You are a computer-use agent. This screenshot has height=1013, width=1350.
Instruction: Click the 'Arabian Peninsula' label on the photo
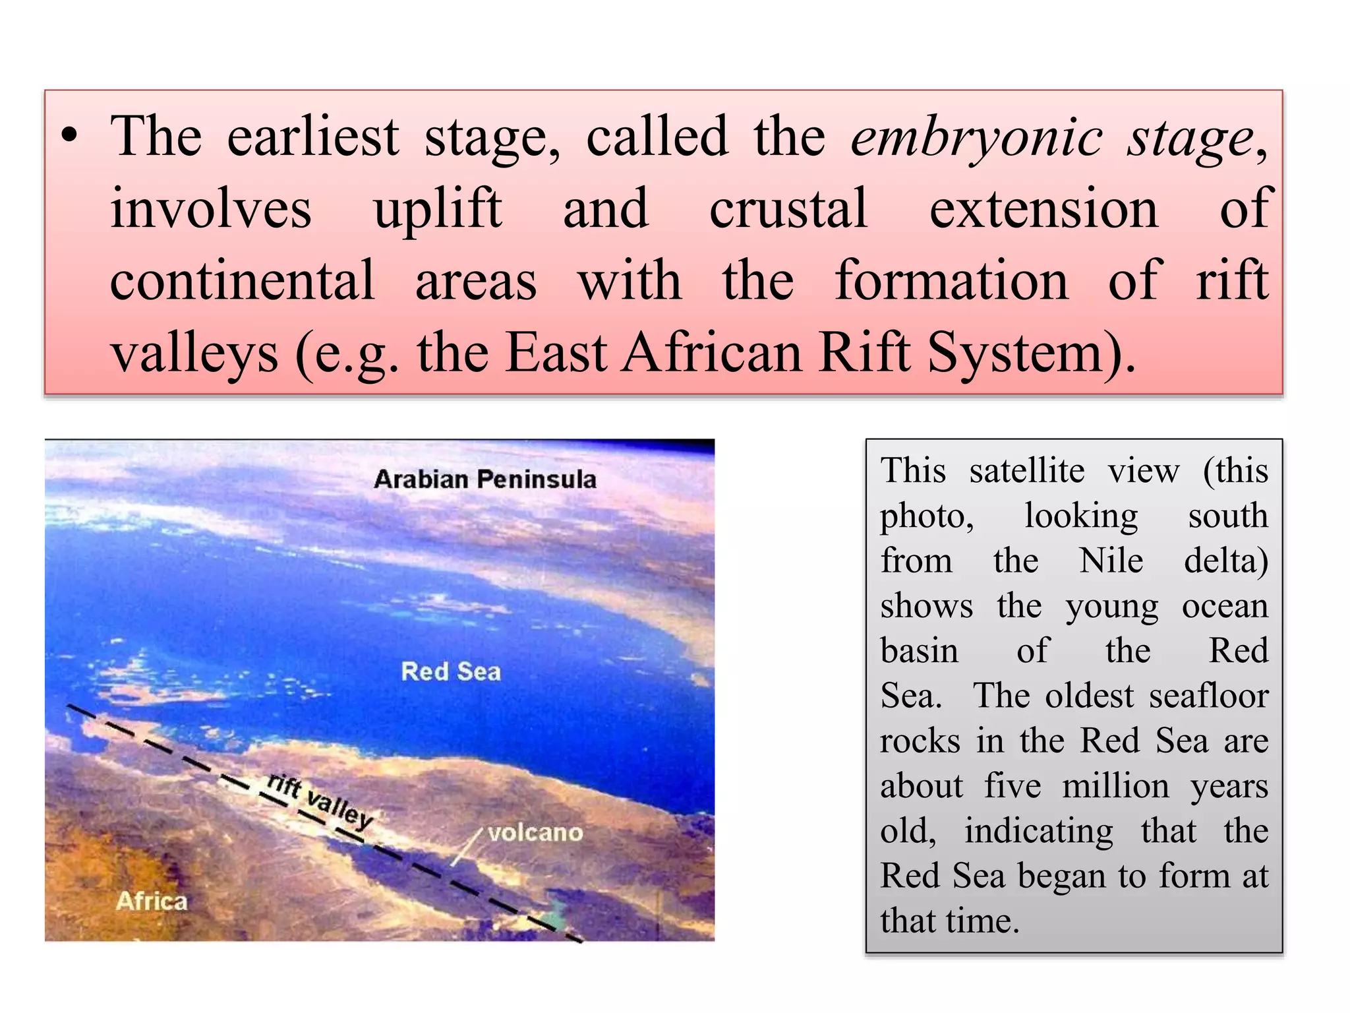[x=484, y=479]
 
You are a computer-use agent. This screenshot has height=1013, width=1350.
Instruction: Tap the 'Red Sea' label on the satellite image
[x=451, y=671]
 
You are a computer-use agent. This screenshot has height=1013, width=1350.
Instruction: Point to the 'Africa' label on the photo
[x=152, y=901]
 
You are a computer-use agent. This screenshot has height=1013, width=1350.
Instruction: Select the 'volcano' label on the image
[x=535, y=833]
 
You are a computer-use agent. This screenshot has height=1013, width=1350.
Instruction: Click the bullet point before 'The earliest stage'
[x=69, y=137]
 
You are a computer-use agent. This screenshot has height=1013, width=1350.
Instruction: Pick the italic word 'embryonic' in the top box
[x=976, y=137]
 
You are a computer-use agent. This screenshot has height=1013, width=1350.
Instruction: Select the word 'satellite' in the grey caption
[x=1026, y=471]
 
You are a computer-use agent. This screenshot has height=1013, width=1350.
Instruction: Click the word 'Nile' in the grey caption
[x=1111, y=561]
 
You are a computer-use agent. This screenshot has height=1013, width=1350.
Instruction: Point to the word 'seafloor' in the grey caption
[x=1208, y=696]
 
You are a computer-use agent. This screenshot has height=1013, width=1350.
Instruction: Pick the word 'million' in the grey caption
[x=1115, y=786]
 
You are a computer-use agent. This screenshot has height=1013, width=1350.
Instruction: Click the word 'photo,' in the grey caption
[x=927, y=516]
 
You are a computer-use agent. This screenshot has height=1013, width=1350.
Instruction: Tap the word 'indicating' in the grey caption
[x=1039, y=831]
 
